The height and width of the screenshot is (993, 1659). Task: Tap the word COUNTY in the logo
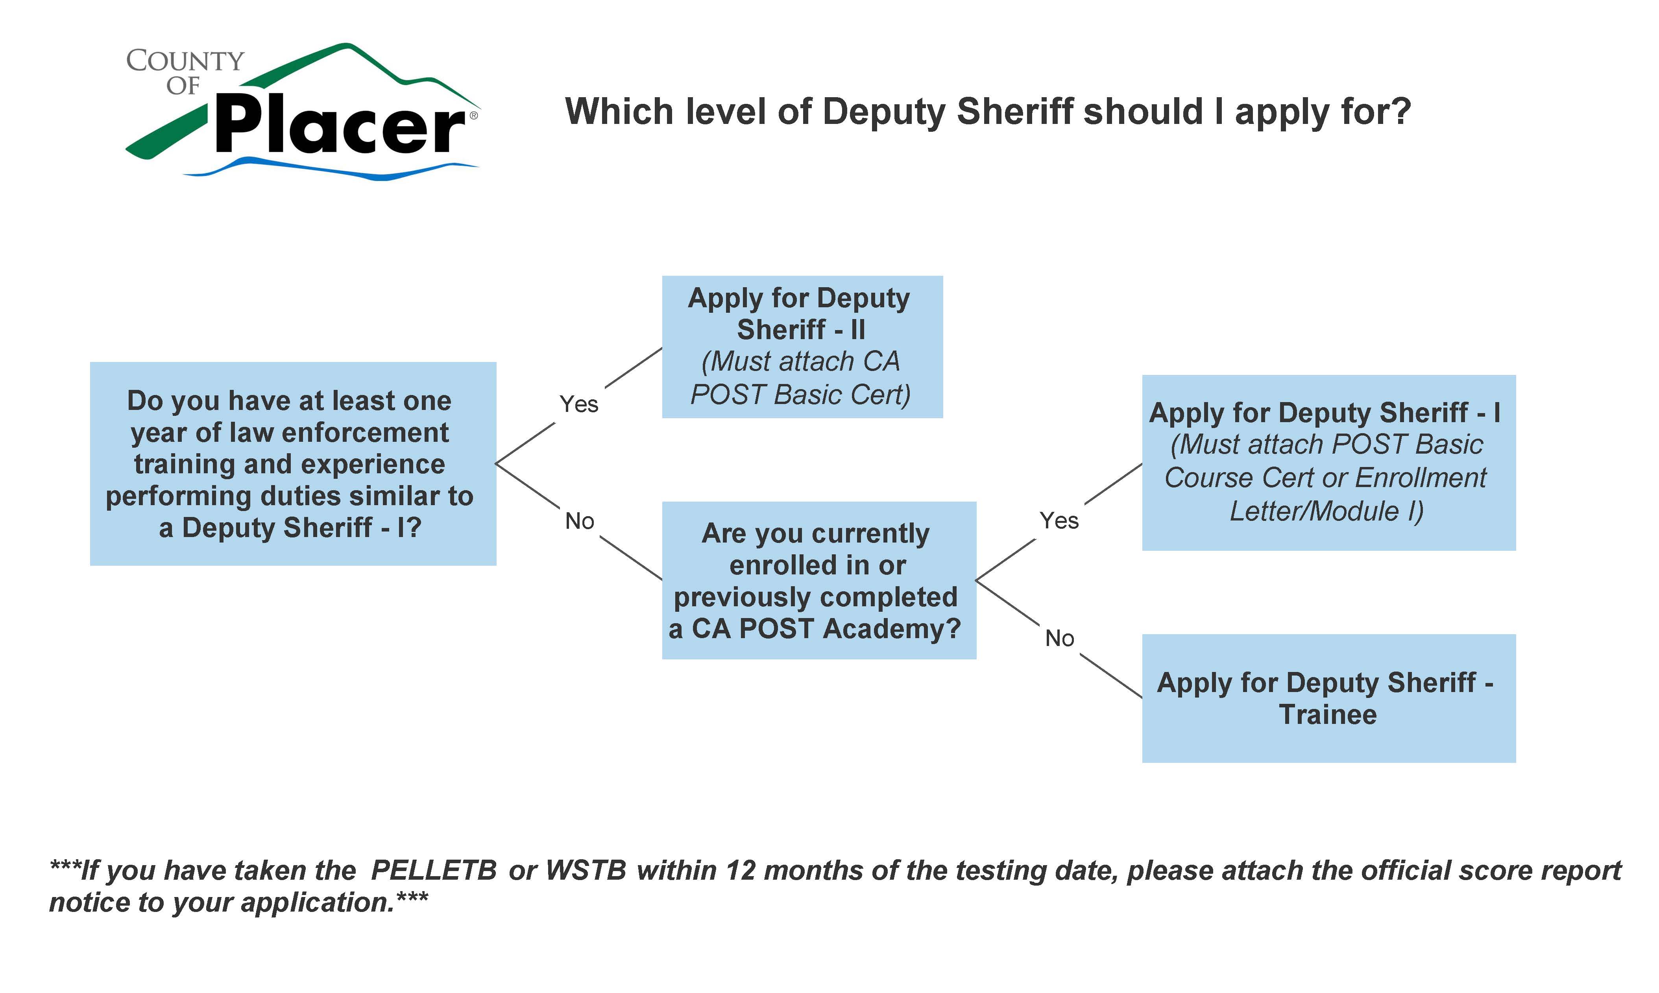[185, 61]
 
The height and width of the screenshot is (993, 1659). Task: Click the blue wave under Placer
[334, 169]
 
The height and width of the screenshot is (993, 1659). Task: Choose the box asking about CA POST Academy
[818, 580]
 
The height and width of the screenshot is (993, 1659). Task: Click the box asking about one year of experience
[292, 464]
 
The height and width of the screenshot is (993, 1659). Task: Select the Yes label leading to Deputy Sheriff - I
[1059, 520]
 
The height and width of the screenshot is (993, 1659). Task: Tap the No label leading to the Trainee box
[1059, 639]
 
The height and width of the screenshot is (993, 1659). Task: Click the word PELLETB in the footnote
[434, 871]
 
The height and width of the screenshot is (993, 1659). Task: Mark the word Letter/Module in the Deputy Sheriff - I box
[1314, 511]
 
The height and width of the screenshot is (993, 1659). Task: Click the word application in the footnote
[317, 903]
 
